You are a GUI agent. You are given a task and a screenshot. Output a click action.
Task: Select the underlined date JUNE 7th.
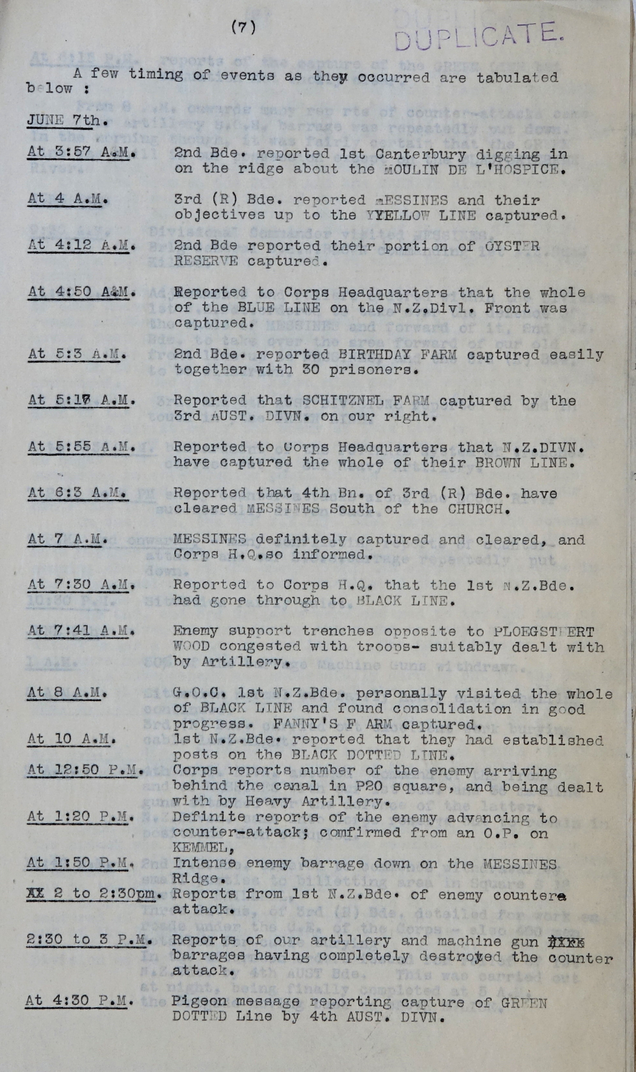[67, 120]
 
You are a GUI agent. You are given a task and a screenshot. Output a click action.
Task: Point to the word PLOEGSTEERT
[544, 632]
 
